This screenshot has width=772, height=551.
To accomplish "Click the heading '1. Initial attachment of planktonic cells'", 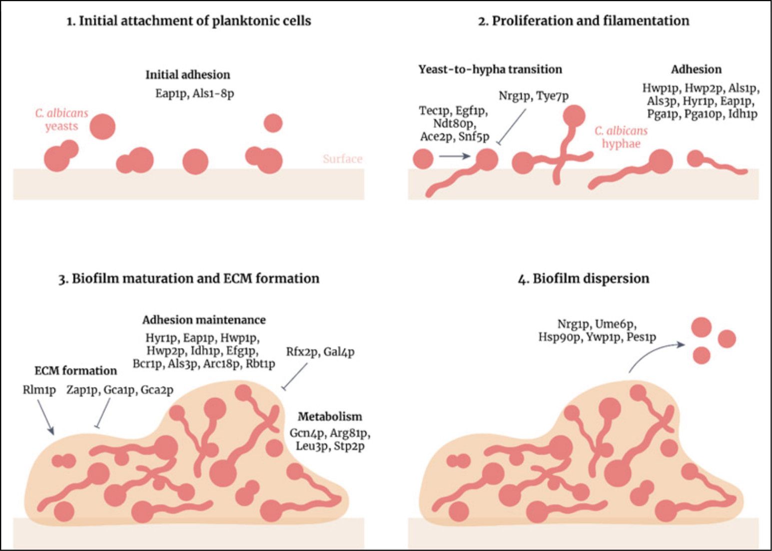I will coord(189,21).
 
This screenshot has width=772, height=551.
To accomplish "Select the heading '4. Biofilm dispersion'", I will coord(583,278).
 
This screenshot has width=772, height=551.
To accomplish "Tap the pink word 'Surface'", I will coord(342,159).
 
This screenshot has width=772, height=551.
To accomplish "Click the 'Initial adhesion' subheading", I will coord(188,75).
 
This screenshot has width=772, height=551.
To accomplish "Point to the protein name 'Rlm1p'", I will coord(39,390).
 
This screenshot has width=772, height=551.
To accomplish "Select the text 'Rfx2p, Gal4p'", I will coord(320,352).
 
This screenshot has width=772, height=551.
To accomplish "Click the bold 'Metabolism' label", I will coord(330,416).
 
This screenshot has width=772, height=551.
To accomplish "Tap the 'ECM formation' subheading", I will coord(75,371).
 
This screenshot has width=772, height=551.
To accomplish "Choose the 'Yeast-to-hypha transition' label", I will coord(490,69).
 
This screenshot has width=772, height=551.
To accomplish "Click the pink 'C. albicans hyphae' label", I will coord(621,137).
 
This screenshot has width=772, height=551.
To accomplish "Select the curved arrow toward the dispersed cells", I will coord(655,353).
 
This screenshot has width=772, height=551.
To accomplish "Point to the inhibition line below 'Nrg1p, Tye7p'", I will coord(512,127).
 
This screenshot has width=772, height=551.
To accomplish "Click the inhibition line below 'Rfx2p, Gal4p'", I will coord(295,376).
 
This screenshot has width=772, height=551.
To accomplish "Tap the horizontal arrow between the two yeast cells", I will coord(454,156).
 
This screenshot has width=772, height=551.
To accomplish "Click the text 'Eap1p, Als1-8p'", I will coord(194,93).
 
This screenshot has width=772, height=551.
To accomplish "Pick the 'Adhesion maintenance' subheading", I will coord(204,320).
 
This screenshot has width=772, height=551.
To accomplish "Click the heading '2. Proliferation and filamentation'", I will coord(583,21).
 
